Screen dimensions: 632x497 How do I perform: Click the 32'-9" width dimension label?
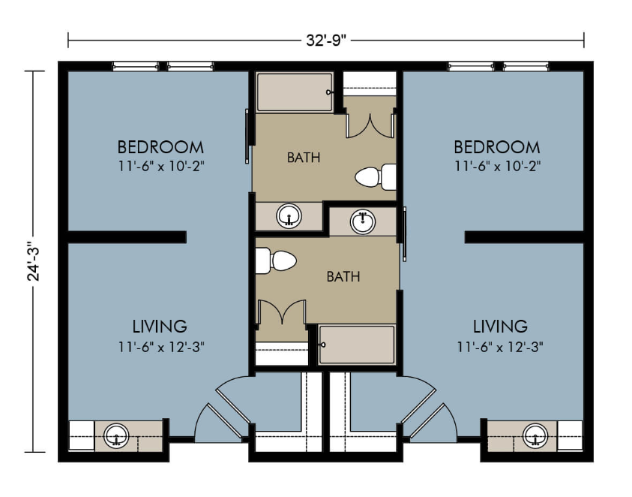coord(326,41)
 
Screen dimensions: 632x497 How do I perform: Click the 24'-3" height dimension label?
coord(34,261)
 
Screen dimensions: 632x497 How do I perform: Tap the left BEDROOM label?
coord(160,147)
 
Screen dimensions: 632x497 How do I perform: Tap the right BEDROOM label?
coord(497,147)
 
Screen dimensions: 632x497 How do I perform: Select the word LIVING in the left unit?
coord(160,327)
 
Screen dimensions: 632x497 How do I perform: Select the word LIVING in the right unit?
coord(500,327)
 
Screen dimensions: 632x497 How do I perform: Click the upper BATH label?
coord(304,158)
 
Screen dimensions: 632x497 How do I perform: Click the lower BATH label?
coord(343,276)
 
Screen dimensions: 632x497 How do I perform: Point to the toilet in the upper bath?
coord(376,177)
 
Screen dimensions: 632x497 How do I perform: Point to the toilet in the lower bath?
coord(276,261)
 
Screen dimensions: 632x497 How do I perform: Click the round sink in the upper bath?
coord(289,216)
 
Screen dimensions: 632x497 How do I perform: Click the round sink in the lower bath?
coord(363,221)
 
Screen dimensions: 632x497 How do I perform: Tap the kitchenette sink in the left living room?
coord(116,436)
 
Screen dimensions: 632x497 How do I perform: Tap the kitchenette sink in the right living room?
coord(535,436)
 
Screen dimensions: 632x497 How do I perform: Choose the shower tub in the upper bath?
coord(295,92)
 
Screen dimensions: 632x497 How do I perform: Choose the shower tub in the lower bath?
coord(356,345)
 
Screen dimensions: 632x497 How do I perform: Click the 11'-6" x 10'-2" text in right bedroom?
coord(498,166)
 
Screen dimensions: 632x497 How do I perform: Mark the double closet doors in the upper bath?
coord(370,125)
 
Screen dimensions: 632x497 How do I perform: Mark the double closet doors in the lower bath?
coord(281,312)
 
